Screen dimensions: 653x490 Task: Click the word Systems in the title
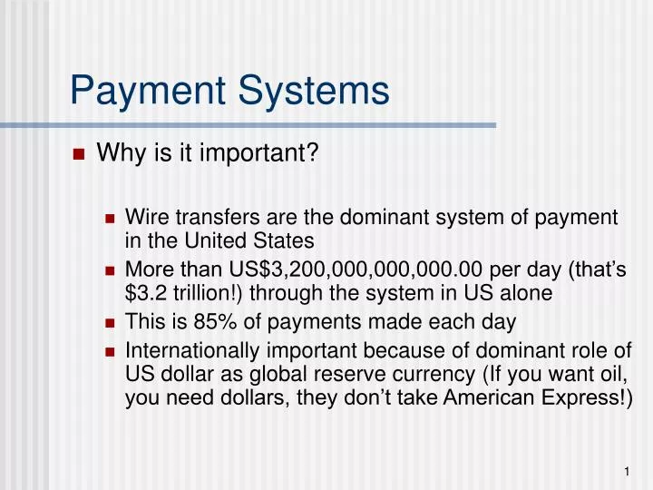(x=314, y=91)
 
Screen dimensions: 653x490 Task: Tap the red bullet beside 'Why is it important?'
(x=79, y=154)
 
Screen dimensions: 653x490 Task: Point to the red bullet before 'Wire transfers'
(x=110, y=219)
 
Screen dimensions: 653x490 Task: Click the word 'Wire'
(x=147, y=217)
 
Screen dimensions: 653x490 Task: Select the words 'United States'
(x=249, y=240)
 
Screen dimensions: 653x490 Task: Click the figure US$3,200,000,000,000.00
(x=356, y=269)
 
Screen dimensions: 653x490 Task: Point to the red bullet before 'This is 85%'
(x=110, y=323)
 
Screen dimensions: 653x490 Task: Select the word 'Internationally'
(x=192, y=351)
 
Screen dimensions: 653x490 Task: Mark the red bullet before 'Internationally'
(x=110, y=352)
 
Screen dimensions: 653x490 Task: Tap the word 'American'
(x=489, y=397)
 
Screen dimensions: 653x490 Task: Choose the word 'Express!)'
(x=587, y=398)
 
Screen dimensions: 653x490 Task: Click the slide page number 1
(x=627, y=471)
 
